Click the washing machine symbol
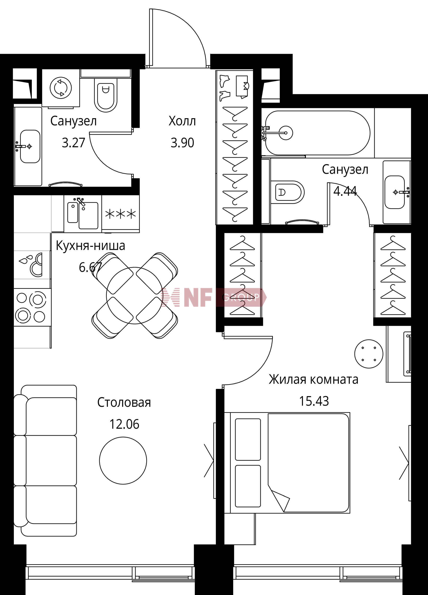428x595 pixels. tap(61, 88)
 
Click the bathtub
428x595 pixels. tap(318, 133)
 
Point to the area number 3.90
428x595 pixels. tap(182, 143)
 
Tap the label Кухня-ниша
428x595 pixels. tap(91, 246)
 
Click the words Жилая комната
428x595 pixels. tap(313, 380)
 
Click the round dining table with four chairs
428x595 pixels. tap(135, 295)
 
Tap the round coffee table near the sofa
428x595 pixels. tap(123, 461)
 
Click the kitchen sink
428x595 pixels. tap(83, 215)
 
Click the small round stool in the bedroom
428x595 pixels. tap(368, 354)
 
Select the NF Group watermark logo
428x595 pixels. tap(214, 297)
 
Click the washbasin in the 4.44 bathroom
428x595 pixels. tap(395, 192)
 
